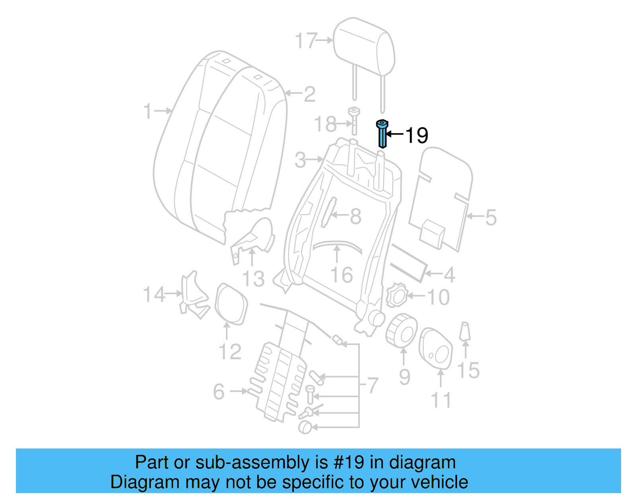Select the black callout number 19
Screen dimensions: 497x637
tap(416, 135)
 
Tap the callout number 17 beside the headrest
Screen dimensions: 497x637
tap(306, 41)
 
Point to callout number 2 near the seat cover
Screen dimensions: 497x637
tap(309, 94)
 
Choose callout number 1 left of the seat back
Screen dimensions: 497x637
tap(148, 111)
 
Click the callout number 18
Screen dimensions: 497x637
tap(326, 124)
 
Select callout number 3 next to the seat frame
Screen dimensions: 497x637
tap(301, 160)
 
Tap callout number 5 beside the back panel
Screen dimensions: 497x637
tap(491, 218)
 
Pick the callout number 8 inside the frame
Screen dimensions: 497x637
tap(356, 216)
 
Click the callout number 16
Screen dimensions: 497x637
tap(342, 275)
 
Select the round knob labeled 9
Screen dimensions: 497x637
tap(402, 330)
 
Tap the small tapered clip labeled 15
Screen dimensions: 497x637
tap(465, 331)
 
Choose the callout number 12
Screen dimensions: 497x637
tap(230, 352)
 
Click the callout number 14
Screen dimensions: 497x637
tap(154, 295)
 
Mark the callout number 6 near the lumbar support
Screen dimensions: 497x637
tap(219, 392)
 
